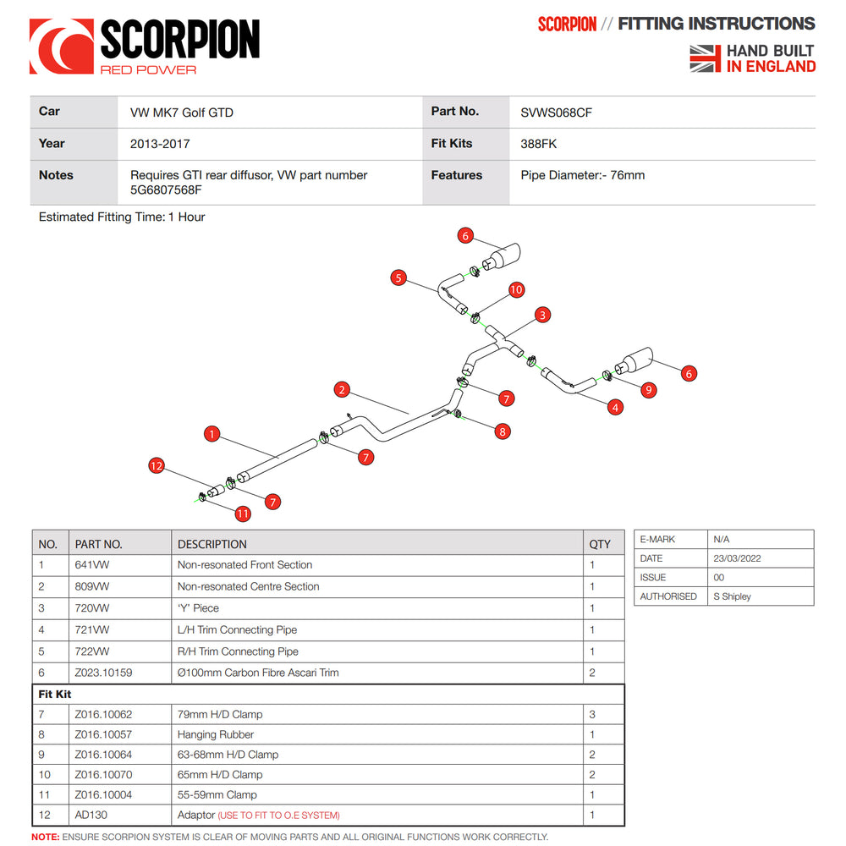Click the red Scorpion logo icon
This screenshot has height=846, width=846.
pyautogui.click(x=62, y=47)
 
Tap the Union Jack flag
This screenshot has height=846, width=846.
pyautogui.click(x=705, y=58)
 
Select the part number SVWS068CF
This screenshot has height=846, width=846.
pyautogui.click(x=556, y=112)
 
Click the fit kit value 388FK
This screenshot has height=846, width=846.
pyautogui.click(x=538, y=144)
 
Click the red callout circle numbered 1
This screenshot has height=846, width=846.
pyautogui.click(x=212, y=434)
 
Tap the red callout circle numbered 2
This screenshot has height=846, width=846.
pyautogui.click(x=342, y=390)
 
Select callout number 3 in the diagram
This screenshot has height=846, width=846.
pyautogui.click(x=542, y=315)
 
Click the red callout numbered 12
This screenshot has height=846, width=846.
pyautogui.click(x=156, y=465)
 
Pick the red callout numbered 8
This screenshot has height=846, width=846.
pyautogui.click(x=503, y=431)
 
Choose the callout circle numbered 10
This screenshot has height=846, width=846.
pyautogui.click(x=516, y=290)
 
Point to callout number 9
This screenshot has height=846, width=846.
pyautogui.click(x=649, y=390)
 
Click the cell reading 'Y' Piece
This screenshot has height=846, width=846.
pyautogui.click(x=198, y=608)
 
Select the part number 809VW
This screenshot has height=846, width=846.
pyautogui.click(x=91, y=586)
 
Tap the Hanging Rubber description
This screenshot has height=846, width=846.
pyautogui.click(x=216, y=734)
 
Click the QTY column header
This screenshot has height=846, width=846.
pyautogui.click(x=599, y=544)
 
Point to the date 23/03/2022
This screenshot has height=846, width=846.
pyautogui.click(x=736, y=558)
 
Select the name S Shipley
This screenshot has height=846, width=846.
pyautogui.click(x=733, y=596)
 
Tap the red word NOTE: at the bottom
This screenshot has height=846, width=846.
pyautogui.click(x=45, y=837)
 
